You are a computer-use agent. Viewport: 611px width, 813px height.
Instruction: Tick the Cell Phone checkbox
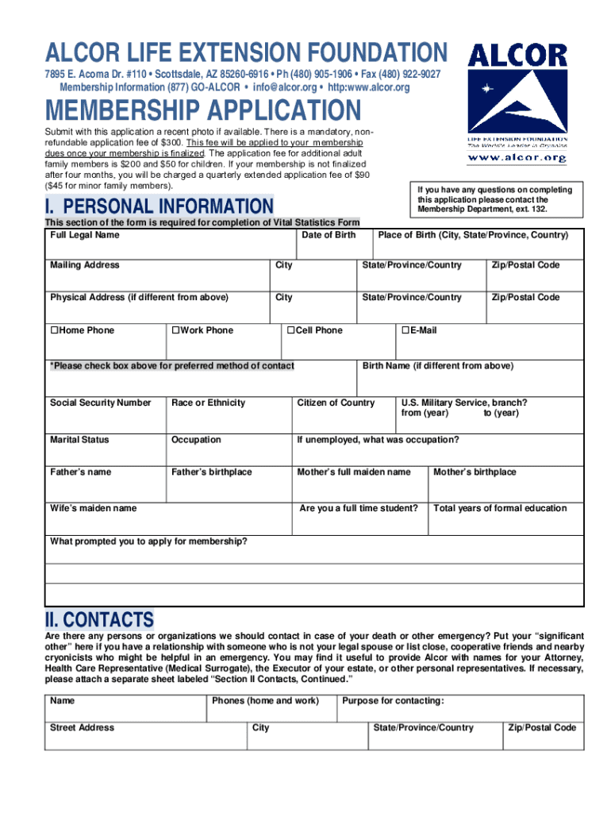click(291, 330)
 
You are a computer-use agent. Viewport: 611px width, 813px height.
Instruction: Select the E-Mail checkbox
click(405, 330)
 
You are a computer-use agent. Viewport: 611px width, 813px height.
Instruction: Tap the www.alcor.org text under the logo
click(517, 158)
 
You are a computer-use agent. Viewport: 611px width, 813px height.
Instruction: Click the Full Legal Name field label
click(85, 235)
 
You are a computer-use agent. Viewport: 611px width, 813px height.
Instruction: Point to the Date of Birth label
click(329, 235)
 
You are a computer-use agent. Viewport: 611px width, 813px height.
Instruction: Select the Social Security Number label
click(100, 403)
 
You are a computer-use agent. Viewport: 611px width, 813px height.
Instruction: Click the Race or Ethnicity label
click(208, 403)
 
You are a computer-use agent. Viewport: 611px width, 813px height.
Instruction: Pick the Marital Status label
click(79, 439)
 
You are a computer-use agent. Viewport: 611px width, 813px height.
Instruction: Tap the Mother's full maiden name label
click(354, 472)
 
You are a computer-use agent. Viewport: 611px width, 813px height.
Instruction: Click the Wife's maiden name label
click(93, 508)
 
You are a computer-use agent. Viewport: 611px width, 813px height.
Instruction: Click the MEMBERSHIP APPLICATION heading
click(203, 110)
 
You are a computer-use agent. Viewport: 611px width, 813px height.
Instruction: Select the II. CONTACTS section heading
click(100, 619)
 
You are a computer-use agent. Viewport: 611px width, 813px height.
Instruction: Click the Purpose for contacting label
click(393, 701)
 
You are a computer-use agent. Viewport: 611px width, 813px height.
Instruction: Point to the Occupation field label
click(196, 439)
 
